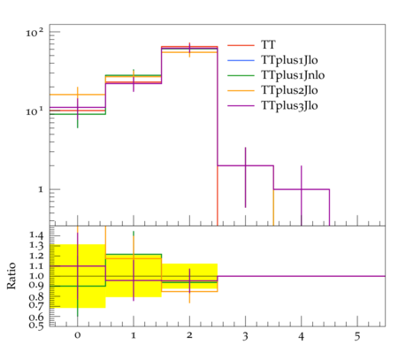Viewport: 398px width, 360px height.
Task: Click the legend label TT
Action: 268,45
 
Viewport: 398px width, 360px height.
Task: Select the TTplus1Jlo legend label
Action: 289,60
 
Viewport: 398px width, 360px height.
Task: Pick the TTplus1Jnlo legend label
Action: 293,75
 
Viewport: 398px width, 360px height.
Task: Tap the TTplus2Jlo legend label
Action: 289,90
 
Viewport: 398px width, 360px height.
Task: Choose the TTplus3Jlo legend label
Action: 289,105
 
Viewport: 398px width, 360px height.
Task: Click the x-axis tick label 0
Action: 78,335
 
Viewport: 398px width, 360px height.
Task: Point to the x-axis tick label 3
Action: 245,336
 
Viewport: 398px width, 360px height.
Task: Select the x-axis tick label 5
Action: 357,336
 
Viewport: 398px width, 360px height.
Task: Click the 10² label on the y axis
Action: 34,32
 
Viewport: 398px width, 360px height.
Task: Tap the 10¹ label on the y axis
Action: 34,111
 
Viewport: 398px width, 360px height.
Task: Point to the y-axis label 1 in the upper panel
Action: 41,189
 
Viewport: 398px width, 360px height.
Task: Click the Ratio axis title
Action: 11,276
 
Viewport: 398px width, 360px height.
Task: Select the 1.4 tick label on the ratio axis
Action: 36,235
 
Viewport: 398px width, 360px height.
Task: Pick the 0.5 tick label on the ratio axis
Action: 36,326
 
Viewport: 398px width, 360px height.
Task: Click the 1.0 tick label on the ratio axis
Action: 36,276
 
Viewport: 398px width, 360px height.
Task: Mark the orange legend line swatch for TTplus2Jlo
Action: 241,90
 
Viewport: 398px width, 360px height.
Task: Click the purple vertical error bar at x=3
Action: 245,177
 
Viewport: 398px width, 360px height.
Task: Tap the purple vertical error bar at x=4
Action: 302,195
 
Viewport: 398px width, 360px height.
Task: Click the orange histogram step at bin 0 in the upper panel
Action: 78,95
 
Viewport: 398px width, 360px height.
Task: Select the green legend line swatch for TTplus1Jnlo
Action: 241,75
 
